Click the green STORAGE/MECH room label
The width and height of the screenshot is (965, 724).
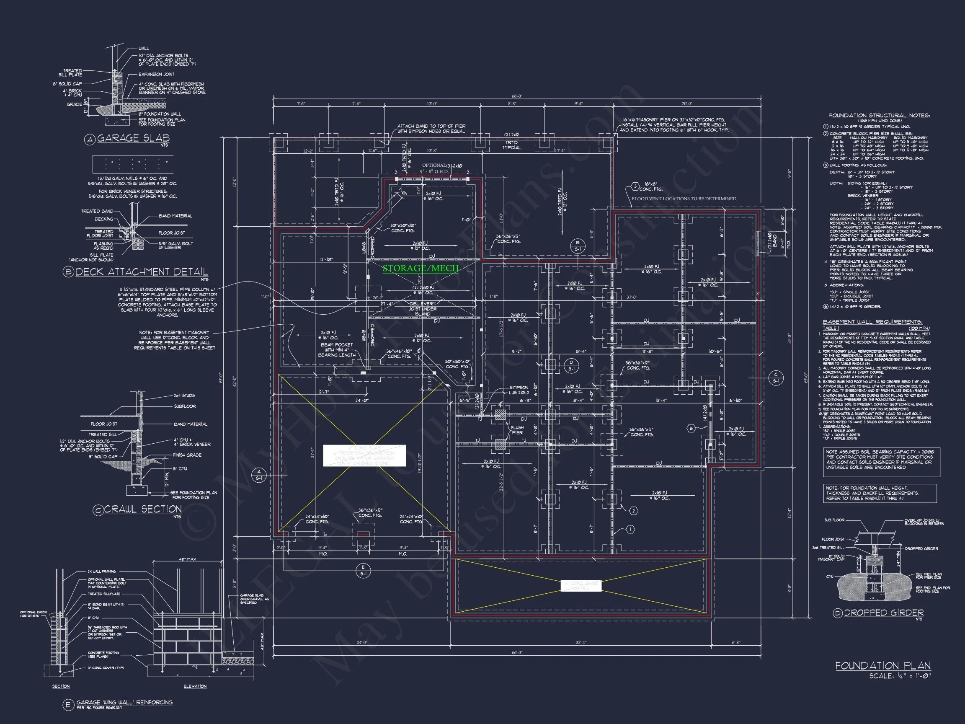point(421,268)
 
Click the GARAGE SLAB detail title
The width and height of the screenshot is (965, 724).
point(133,138)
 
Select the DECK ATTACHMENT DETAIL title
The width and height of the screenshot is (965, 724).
point(142,272)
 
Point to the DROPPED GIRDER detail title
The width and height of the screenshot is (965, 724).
point(883,613)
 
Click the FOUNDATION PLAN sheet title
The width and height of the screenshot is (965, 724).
point(883,665)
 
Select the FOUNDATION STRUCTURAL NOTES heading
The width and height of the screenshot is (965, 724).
point(880,116)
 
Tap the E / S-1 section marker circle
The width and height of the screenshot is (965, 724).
point(363,570)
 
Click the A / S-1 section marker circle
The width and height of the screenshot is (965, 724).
point(259,475)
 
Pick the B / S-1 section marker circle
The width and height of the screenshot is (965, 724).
point(578,246)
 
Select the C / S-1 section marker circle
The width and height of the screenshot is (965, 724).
point(776,378)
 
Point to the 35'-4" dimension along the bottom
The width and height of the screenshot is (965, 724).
point(581,642)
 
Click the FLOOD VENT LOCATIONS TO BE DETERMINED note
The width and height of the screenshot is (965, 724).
point(684,199)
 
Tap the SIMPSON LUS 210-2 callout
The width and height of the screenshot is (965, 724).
point(519,390)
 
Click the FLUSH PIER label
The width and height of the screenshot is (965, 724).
point(517,430)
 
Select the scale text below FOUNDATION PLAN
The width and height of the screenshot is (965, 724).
point(900,676)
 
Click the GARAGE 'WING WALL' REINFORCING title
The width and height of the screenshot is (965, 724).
point(124,702)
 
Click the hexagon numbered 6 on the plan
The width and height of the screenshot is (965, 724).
point(691,429)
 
